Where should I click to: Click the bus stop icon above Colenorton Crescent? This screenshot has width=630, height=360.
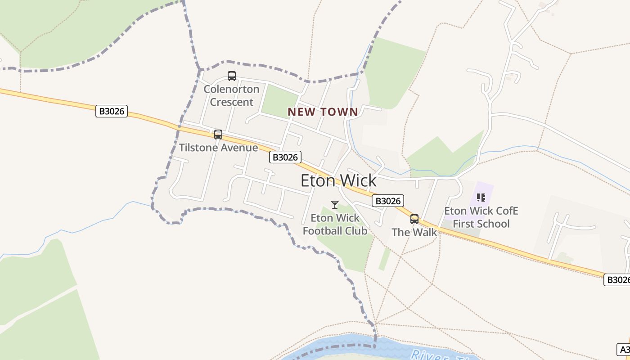[232, 76]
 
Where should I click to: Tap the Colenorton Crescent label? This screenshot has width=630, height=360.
[232, 95]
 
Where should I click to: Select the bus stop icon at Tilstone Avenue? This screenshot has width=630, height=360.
[218, 134]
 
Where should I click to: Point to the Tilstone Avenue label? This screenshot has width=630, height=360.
[218, 148]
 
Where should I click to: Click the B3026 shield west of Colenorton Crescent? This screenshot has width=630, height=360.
[112, 111]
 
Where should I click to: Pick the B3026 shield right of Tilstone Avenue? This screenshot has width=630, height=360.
[285, 157]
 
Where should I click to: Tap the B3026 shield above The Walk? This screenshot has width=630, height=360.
[388, 201]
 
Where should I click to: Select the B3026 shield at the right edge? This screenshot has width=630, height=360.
[617, 280]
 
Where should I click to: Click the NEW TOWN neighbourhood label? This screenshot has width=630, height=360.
[323, 112]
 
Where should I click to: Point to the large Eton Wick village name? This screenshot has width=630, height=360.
[338, 180]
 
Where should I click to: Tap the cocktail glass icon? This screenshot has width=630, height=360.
[335, 205]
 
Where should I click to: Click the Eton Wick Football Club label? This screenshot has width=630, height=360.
[335, 224]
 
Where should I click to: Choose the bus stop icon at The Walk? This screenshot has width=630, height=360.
[414, 219]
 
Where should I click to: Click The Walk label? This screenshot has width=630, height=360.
[414, 232]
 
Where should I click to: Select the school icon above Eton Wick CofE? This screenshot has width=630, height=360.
[481, 198]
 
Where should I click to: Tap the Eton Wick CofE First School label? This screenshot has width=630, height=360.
[481, 217]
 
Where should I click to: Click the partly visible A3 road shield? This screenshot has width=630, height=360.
[624, 350]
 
